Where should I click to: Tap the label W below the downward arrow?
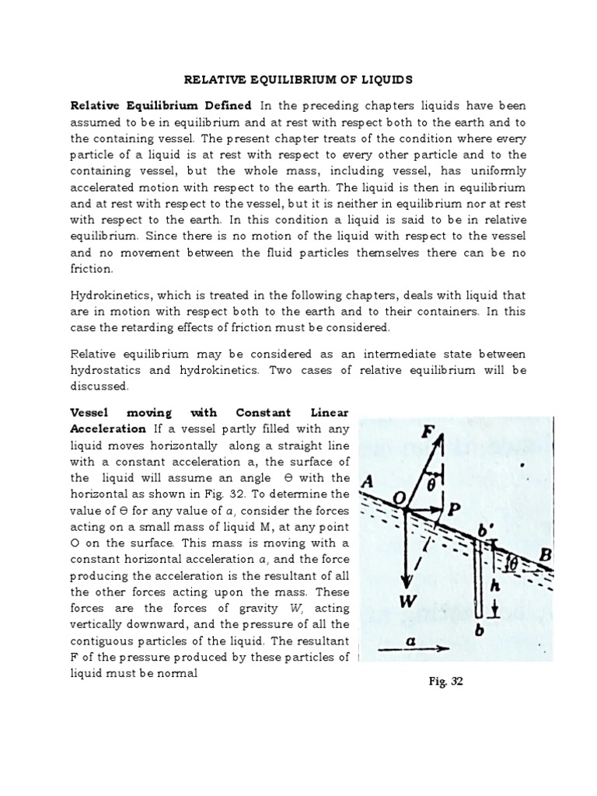[x=407, y=602]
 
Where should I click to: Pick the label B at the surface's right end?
[x=546, y=555]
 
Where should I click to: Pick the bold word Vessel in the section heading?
[x=89, y=411]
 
